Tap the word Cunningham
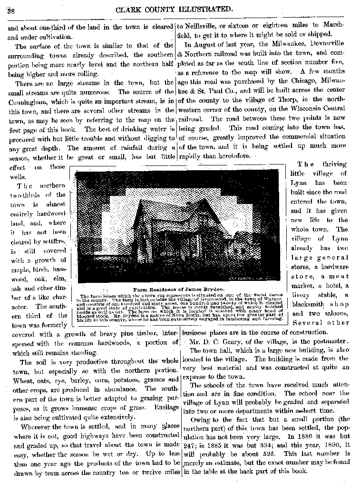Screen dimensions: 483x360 click(x=27, y=101)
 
